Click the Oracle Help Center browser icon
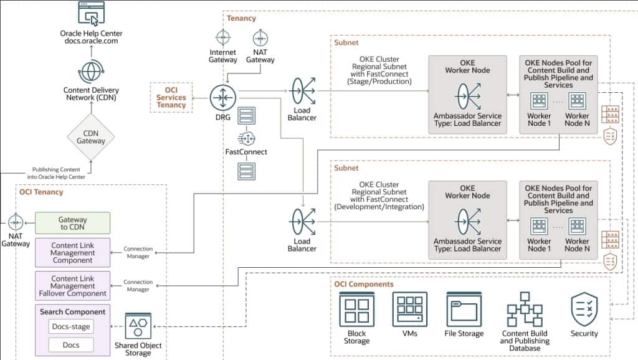click(91, 14)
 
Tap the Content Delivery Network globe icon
click(91, 72)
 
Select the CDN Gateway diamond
click(91, 136)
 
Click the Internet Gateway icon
click(223, 37)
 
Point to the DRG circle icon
click(223, 98)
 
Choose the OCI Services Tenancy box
click(171, 97)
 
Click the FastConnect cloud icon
click(246, 138)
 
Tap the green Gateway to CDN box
click(72, 223)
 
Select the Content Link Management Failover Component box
click(72, 285)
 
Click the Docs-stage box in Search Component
click(71, 326)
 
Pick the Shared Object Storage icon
click(138, 325)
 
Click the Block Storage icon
click(357, 310)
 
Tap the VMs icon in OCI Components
click(410, 310)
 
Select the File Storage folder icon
click(464, 310)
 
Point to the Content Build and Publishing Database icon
click(525, 309)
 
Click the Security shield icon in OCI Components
click(584, 309)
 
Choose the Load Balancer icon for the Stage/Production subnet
click(302, 91)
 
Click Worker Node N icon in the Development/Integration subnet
click(578, 226)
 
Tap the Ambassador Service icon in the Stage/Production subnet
click(468, 97)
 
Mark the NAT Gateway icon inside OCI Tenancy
click(16, 222)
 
